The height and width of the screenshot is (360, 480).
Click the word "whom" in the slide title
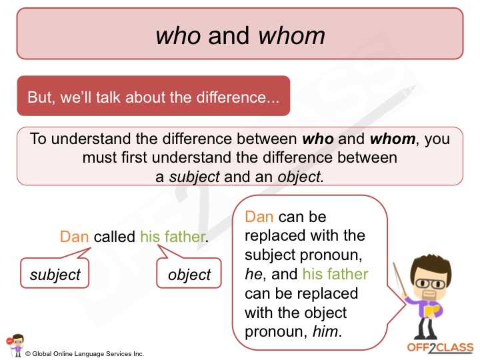[x=294, y=35]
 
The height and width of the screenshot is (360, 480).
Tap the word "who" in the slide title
[x=178, y=35]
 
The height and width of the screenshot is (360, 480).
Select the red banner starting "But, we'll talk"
[x=153, y=97]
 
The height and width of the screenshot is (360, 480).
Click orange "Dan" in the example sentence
[x=74, y=237]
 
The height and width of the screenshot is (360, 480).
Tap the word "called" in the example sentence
[x=115, y=237]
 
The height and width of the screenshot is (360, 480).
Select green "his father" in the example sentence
[x=173, y=237]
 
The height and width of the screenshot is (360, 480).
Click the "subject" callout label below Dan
[x=55, y=274]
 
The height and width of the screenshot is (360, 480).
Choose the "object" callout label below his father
[x=189, y=274]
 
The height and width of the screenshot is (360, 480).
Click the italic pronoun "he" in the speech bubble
[x=253, y=274]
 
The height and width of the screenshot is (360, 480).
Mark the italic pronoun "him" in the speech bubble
[x=327, y=331]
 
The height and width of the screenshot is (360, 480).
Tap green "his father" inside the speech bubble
[x=335, y=274]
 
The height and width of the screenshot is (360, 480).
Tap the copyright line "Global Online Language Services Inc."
[x=87, y=353]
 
